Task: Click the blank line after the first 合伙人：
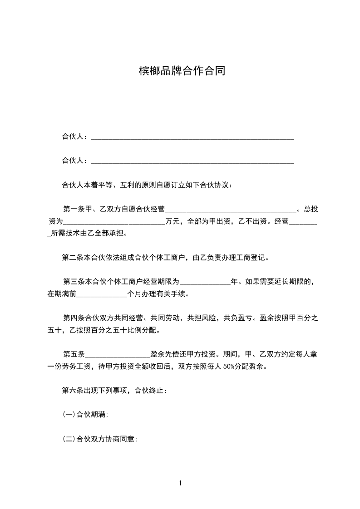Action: click(192, 137)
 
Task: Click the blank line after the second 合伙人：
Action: click(192, 161)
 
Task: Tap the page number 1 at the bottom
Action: click(180, 483)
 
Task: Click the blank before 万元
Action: click(114, 222)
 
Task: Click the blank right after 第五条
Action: click(117, 354)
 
